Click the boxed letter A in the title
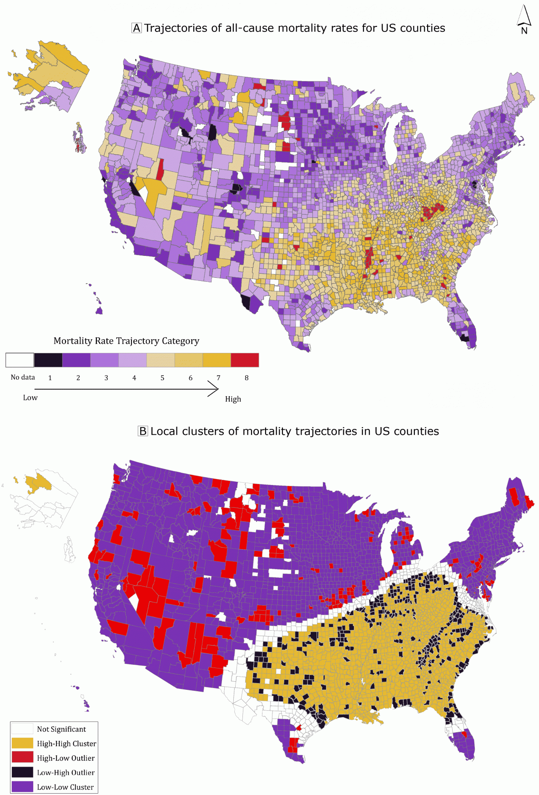coord(136,28)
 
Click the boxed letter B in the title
coord(143,431)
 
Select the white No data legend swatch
coord(20,360)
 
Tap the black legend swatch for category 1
coord(48,360)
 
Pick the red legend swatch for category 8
coord(245,360)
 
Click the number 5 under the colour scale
coord(162,378)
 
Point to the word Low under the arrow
coord(30,397)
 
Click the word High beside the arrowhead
coord(233,399)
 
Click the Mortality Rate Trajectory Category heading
coord(126,341)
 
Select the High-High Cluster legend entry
coord(66,744)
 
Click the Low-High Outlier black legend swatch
coord(22,772)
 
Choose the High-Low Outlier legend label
coord(66,758)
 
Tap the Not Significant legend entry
coord(61,729)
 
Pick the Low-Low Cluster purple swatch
coord(22,787)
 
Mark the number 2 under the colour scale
coord(78,378)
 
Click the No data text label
coord(23,377)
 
